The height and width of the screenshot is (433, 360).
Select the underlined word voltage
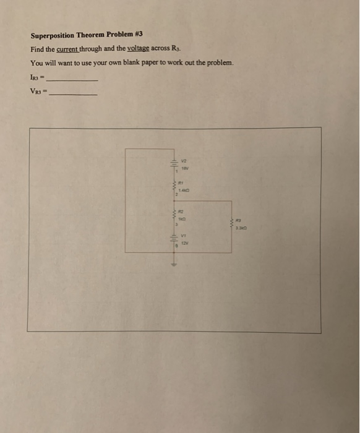pyautogui.click(x=139, y=49)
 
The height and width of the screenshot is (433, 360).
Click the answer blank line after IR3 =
pyautogui.click(x=74, y=81)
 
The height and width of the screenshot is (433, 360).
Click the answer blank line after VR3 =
pyautogui.click(x=74, y=95)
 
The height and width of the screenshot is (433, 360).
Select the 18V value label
pyautogui.click(x=183, y=167)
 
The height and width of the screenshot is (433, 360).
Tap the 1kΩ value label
pyautogui.click(x=182, y=220)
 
